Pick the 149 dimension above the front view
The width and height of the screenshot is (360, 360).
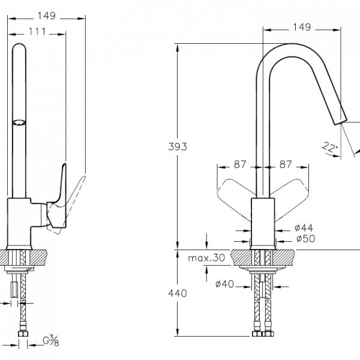tap(302, 26)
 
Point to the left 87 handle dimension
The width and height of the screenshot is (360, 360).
tap(239, 163)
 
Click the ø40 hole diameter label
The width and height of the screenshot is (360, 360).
tap(224, 284)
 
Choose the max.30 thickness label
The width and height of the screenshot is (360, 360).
tap(205, 259)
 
